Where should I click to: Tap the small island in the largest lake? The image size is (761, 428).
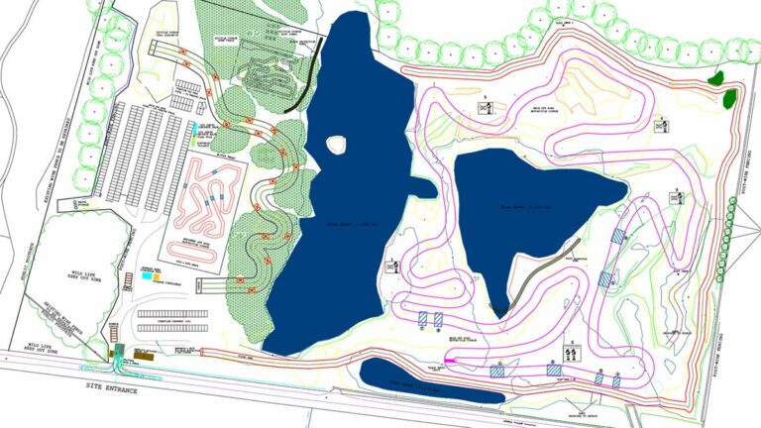pyautogui.click(x=338, y=145)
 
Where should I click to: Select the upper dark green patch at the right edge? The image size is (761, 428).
pyautogui.click(x=716, y=77)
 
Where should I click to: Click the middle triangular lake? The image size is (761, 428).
pyautogui.click(x=525, y=203)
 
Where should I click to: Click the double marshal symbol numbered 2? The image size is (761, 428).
pyautogui.click(x=571, y=352)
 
